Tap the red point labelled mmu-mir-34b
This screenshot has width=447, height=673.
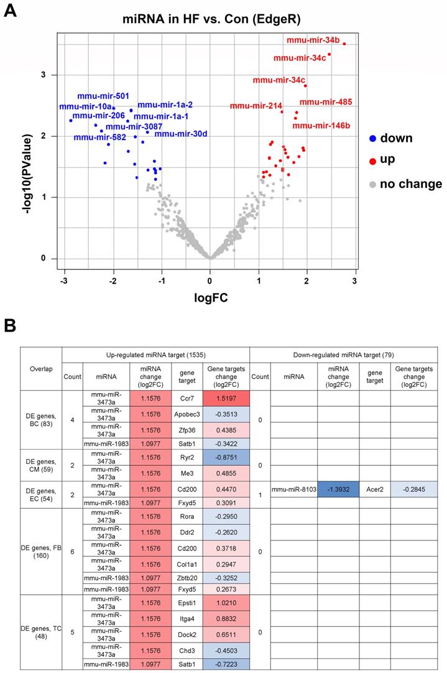[x=344, y=44]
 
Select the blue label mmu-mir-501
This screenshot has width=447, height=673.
[x=103, y=96]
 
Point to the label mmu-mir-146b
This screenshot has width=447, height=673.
[x=321, y=126]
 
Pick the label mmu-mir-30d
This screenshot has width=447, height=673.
[x=181, y=133]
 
